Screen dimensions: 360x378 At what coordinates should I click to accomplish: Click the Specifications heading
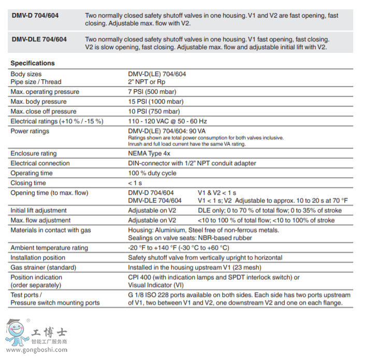tap(33, 63)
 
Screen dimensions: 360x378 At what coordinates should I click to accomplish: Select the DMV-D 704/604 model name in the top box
tap(35, 16)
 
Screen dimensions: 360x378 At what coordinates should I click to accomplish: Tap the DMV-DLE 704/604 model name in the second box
tap(39, 39)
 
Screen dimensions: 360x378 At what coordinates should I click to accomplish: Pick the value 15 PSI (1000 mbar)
tap(156, 102)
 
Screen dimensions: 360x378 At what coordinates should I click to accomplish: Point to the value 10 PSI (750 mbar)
tap(154, 111)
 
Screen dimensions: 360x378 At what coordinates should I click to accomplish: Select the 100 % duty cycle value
tap(152, 173)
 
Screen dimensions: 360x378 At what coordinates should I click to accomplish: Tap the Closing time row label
tap(28, 183)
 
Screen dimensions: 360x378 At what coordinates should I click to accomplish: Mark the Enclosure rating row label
tap(34, 153)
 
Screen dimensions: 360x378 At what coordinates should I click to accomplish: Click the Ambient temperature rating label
tap(49, 248)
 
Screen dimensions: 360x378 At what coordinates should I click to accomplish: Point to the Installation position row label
tap(38, 257)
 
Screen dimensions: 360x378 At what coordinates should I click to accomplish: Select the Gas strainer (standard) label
tap(43, 267)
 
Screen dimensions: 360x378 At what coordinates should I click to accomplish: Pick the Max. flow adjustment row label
tap(40, 220)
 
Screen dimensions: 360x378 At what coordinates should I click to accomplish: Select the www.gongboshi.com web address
tap(35, 350)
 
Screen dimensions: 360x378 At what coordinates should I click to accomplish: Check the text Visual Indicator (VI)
tap(155, 284)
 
